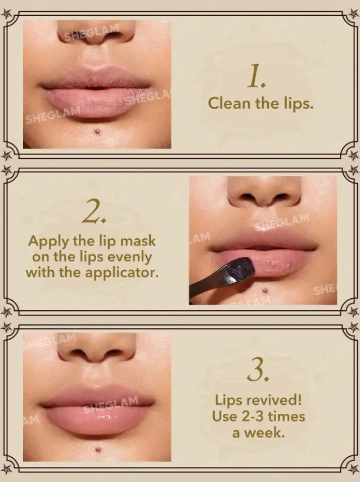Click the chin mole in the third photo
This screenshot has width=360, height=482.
point(98,450)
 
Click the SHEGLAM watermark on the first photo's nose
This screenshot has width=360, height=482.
point(92,32)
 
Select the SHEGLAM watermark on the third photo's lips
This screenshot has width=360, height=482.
point(111,405)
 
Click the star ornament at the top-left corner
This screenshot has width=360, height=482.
point(6,13)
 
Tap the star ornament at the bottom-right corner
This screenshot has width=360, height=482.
point(354,469)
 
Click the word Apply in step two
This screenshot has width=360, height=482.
point(48,242)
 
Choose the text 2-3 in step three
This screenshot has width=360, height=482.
point(248,417)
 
